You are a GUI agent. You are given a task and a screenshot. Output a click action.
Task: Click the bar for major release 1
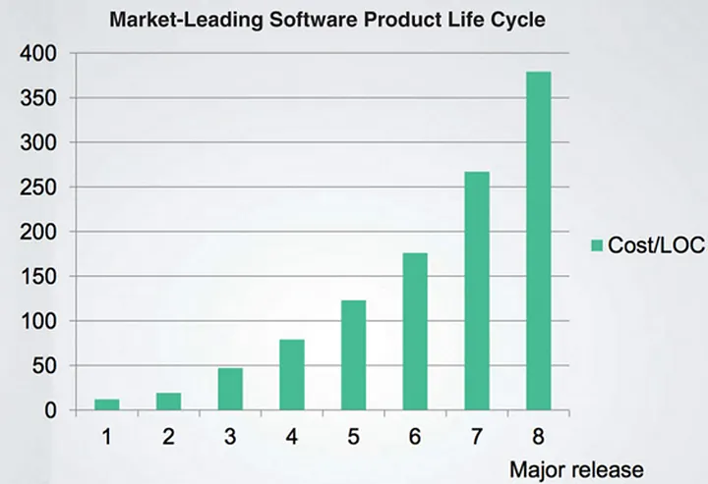click(x=107, y=404)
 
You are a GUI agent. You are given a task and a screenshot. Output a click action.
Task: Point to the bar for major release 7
click(x=477, y=291)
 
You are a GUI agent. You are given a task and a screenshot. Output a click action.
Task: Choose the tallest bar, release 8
click(x=538, y=241)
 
